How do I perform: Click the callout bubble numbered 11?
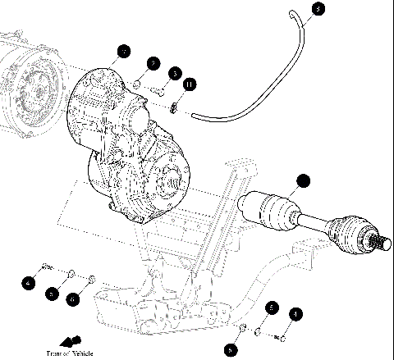pos(190,84)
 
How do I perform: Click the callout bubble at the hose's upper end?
pos(318,10)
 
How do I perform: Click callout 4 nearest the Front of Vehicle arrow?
pos(28,284)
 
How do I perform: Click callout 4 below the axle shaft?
pos(296,312)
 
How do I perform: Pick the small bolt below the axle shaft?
pos(282,335)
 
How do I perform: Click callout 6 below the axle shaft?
pos(231,349)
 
